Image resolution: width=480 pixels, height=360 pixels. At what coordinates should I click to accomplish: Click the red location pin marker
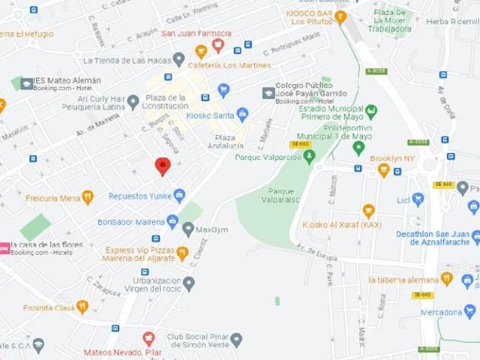pos(163,166)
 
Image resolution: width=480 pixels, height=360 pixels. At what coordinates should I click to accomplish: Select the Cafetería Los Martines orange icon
pos(201,52)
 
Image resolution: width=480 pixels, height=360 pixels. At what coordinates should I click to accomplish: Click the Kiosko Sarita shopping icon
pos(242,115)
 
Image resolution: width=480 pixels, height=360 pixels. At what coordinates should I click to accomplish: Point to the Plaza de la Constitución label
pos(166,102)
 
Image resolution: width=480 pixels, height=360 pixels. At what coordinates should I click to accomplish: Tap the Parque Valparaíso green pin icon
pos(309,156)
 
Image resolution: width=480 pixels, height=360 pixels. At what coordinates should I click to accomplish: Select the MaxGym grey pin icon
pos(188,229)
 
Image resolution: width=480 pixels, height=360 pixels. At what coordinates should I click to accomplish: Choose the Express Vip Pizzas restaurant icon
pos(182,253)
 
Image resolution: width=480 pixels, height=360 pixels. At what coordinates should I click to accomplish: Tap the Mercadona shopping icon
pos(469,310)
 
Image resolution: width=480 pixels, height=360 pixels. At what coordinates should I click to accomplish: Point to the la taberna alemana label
pos(403,280)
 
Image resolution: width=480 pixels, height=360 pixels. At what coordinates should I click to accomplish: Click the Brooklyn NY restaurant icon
pos(384,170)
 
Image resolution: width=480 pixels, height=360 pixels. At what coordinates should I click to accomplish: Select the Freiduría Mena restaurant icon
pos(88,198)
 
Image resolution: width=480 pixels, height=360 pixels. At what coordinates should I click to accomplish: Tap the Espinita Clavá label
pos(49,307)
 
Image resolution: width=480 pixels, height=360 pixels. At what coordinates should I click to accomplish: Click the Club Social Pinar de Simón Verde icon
pos(236,340)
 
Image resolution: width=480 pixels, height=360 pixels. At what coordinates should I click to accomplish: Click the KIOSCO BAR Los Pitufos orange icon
pos(340,16)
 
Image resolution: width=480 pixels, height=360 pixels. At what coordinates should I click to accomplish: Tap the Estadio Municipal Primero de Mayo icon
pos(370,111)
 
